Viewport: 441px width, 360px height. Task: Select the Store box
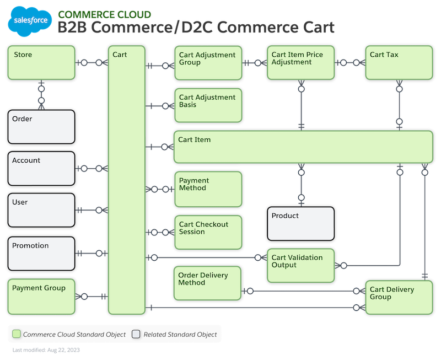(41, 62)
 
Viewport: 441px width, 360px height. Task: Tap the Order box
(41, 127)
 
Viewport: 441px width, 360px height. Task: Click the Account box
(41, 168)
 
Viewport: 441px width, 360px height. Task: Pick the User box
(41, 210)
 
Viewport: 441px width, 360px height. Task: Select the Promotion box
(41, 253)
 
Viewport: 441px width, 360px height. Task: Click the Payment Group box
(41, 295)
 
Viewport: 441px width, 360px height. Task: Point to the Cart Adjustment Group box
(207, 63)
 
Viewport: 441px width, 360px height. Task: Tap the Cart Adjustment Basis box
(207, 105)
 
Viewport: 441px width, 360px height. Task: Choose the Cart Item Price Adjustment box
(301, 63)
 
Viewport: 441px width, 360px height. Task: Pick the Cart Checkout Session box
(207, 232)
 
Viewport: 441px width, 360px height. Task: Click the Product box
(300, 224)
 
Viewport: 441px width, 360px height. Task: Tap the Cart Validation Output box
(301, 265)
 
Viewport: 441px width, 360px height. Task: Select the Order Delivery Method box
(207, 282)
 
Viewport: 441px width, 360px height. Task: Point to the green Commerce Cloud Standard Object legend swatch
(17, 334)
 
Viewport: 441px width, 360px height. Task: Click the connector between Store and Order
(41, 94)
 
